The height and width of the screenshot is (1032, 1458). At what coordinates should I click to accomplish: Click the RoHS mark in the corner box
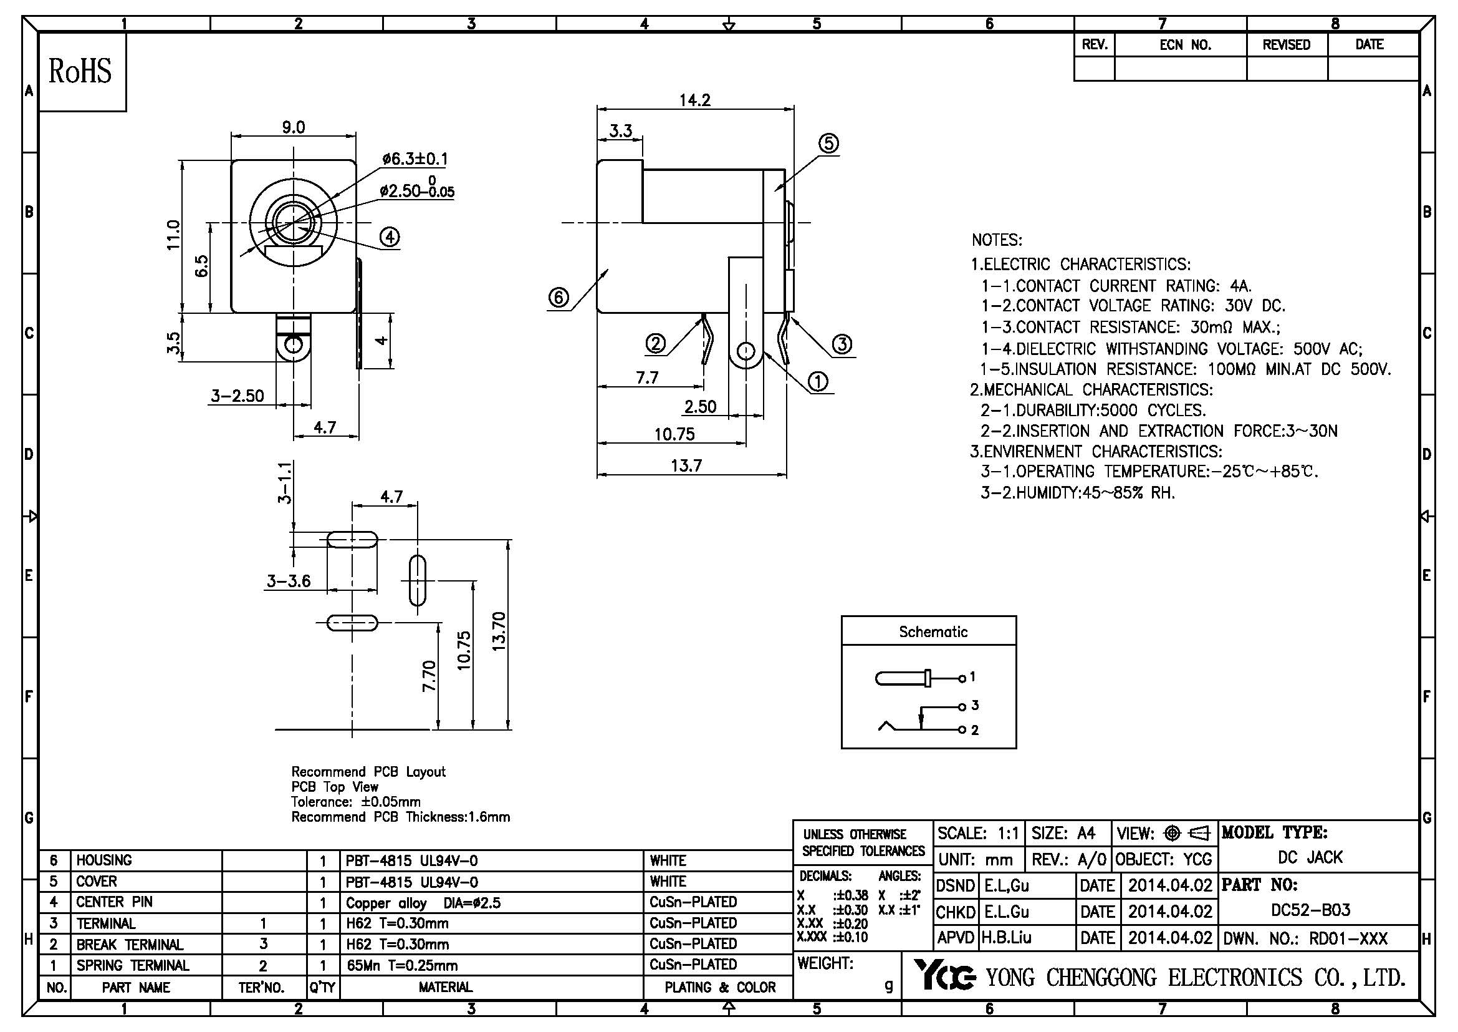[x=80, y=71]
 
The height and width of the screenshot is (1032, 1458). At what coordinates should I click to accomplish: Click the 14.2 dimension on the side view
[x=694, y=100]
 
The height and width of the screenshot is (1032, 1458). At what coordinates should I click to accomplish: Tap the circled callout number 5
[x=828, y=144]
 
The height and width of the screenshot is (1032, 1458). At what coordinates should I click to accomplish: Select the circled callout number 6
[x=558, y=298]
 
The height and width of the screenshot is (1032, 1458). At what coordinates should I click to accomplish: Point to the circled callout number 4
[x=389, y=237]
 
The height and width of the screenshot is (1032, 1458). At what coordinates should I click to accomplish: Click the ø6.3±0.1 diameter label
[x=415, y=159]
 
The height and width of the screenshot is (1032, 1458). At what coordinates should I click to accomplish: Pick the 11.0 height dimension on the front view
[x=173, y=235]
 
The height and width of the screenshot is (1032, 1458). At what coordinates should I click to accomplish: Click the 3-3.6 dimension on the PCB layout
[x=289, y=581]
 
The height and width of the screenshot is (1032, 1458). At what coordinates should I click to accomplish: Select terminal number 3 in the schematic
[x=975, y=706]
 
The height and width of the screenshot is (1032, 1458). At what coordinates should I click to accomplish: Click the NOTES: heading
[x=996, y=240]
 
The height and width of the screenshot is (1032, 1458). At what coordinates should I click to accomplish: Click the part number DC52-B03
[x=1310, y=910]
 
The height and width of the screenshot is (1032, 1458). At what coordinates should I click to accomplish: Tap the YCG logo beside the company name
[x=944, y=975]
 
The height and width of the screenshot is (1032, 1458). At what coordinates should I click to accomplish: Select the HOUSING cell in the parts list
[x=104, y=860]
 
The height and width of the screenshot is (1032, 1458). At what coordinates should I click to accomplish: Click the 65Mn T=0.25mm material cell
[x=401, y=966]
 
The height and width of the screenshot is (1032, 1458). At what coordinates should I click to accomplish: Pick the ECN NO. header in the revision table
[x=1185, y=45]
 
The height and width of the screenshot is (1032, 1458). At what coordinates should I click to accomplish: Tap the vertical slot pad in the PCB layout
[x=416, y=581]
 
